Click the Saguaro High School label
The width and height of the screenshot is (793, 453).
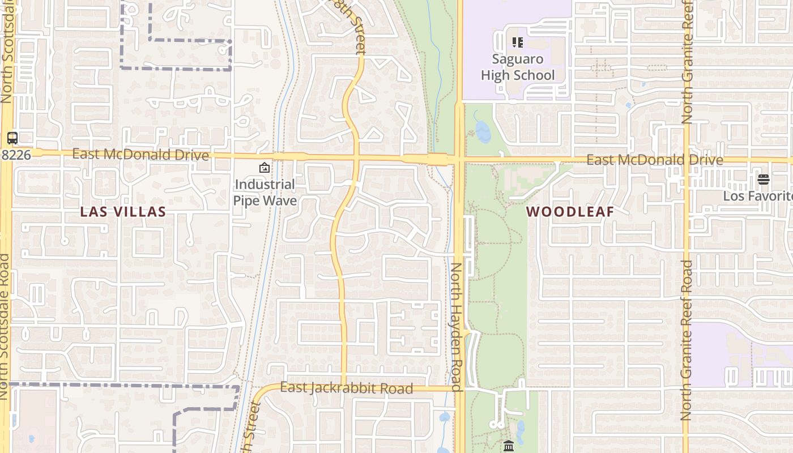pyautogui.click(x=518, y=67)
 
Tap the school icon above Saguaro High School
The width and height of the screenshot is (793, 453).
pyautogui.click(x=517, y=42)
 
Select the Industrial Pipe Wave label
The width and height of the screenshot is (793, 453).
pyautogui.click(x=265, y=193)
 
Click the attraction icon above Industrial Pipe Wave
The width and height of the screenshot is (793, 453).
pyautogui.click(x=264, y=168)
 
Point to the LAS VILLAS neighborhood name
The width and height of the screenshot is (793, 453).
pyautogui.click(x=123, y=212)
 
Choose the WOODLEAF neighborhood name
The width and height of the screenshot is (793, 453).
pyautogui.click(x=570, y=212)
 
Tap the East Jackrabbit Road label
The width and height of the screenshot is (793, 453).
pyautogui.click(x=346, y=388)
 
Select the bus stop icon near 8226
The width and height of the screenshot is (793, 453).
pyautogui.click(x=12, y=138)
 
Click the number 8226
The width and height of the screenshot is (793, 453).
pyautogui.click(x=15, y=155)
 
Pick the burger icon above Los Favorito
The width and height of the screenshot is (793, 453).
pyautogui.click(x=763, y=180)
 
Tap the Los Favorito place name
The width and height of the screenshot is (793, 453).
pyautogui.click(x=758, y=196)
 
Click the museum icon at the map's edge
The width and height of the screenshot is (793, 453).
pyautogui.click(x=508, y=446)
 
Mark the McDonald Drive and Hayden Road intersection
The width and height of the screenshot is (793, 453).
pyautogui.click(x=459, y=160)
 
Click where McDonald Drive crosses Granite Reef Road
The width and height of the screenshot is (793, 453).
pyautogui.click(x=686, y=161)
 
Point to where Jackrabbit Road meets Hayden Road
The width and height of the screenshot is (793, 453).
pyautogui.click(x=459, y=389)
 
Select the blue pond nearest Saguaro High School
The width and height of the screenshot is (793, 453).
pyautogui.click(x=483, y=132)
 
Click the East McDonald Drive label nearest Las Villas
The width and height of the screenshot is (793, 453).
pyautogui.click(x=140, y=155)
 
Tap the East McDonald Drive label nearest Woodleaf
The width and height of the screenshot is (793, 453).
pyautogui.click(x=654, y=160)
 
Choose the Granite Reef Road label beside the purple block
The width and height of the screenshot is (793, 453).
pyautogui.click(x=687, y=340)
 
